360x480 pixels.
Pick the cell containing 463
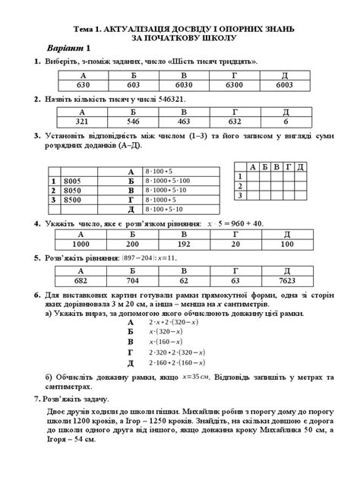[182, 122]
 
